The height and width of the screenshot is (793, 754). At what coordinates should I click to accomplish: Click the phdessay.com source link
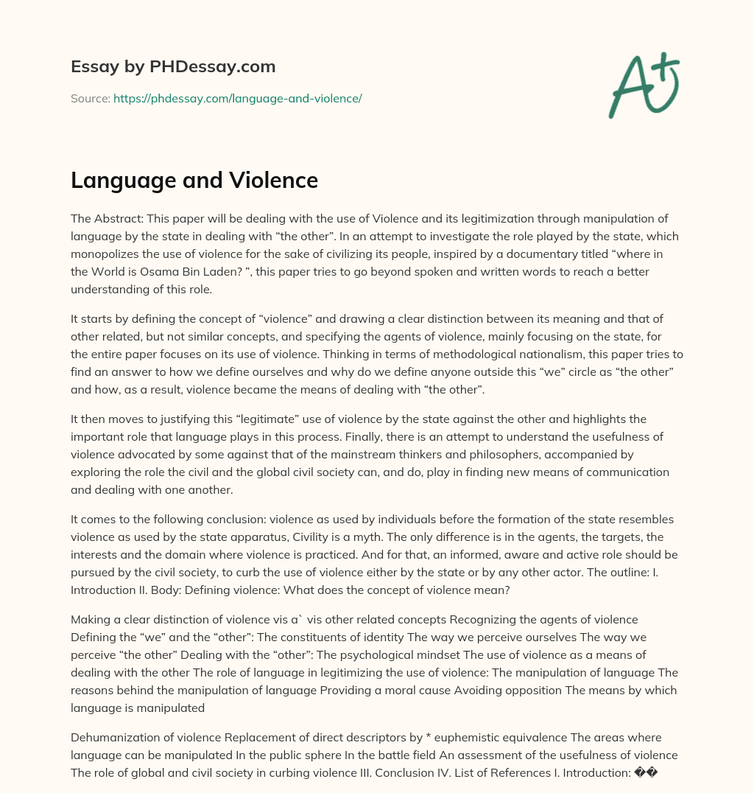[237, 98]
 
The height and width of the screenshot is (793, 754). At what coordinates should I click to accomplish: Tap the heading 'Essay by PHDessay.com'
[173, 67]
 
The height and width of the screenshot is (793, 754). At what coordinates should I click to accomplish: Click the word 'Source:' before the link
[91, 98]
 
